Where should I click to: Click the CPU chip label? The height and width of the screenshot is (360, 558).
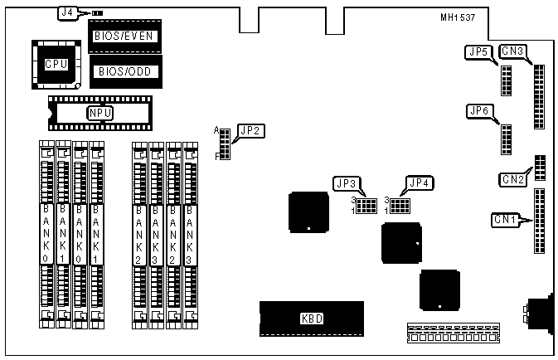[56, 64]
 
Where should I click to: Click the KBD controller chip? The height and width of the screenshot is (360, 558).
[311, 318]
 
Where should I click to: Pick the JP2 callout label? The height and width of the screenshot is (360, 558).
[250, 130]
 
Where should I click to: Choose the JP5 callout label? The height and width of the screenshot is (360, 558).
[478, 53]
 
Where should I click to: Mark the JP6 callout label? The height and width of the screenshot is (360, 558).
[480, 111]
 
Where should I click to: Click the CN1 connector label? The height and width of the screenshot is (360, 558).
[504, 220]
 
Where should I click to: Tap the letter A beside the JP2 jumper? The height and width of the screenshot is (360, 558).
[216, 130]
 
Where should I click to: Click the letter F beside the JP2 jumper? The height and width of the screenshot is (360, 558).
[216, 155]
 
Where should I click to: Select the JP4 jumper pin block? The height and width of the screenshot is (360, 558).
[400, 205]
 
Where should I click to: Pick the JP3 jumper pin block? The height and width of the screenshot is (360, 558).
[366, 205]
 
